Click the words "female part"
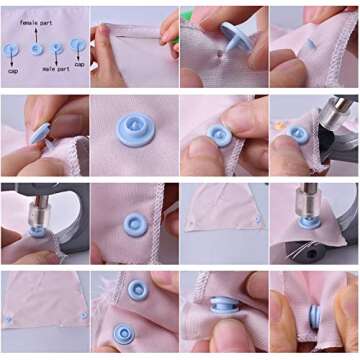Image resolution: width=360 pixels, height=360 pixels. pyautogui.click(x=36, y=19)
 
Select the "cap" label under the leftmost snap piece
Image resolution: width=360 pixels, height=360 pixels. pyautogui.click(x=12, y=72)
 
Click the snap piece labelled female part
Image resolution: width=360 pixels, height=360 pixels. pyautogui.click(x=36, y=47)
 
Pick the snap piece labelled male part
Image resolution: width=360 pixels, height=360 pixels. pyautogui.click(x=55, y=47)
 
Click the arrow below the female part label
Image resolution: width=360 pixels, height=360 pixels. pyautogui.click(x=36, y=32)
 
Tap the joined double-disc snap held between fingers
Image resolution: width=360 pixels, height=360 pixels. pyautogui.click(x=313, y=318)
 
